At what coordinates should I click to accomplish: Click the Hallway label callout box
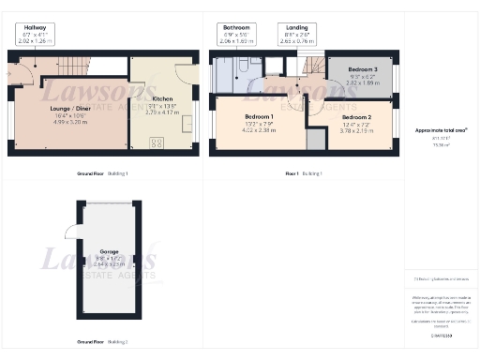(36, 35)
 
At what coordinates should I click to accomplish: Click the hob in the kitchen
(156, 142)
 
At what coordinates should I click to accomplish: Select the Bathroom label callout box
(238, 35)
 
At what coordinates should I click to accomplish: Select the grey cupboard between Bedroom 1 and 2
(316, 139)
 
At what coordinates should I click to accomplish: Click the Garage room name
(110, 252)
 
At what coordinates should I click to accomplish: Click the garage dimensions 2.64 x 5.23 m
(110, 265)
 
